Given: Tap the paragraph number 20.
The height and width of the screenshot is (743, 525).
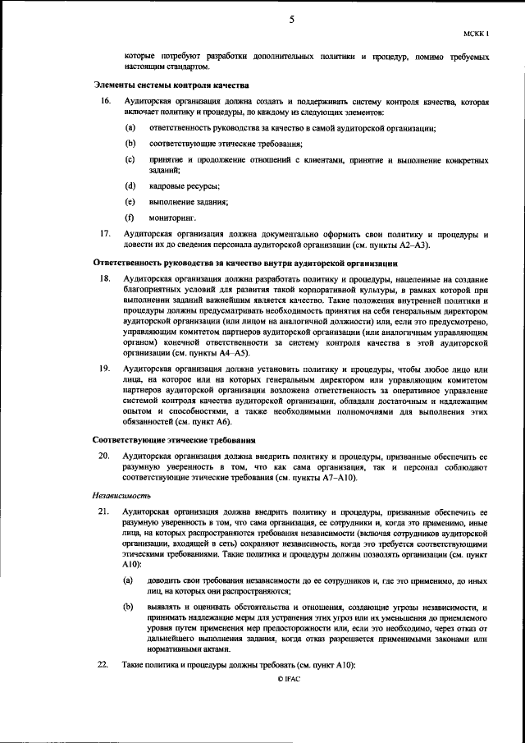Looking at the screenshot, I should click(x=105, y=455).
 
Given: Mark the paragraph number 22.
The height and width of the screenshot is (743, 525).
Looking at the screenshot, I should click(x=105, y=663).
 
